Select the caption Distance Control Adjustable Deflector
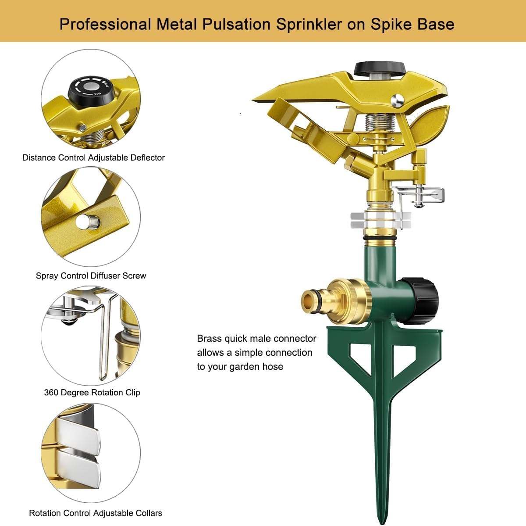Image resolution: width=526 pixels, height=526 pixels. click(x=93, y=157)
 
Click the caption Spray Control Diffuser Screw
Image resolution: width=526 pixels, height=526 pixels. click(x=91, y=276)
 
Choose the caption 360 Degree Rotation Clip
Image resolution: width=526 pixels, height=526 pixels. click(x=92, y=393)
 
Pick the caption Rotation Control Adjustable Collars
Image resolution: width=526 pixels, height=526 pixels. click(x=96, y=513)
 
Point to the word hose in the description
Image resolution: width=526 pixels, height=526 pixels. click(x=272, y=367)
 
